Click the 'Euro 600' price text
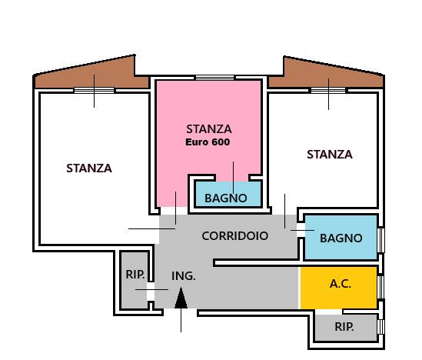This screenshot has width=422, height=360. (x=208, y=142)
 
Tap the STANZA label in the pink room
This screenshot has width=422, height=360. (x=209, y=129)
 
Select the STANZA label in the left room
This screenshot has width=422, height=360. (x=89, y=168)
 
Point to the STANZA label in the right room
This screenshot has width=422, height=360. (x=330, y=155)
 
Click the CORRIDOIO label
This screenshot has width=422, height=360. (x=235, y=236)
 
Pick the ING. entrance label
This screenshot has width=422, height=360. (x=184, y=276)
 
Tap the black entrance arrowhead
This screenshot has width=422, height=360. (x=181, y=298)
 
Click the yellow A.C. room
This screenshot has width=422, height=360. (x=338, y=288)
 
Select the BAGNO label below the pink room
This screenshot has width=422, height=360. (x=226, y=198)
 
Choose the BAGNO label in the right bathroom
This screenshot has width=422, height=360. (x=341, y=238)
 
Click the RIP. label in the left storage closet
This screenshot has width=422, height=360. (x=135, y=275)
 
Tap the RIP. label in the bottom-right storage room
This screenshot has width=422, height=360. (x=344, y=327)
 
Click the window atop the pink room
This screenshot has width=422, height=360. (x=214, y=78)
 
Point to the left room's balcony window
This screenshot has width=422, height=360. (x=94, y=90)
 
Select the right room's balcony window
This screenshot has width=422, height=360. (x=328, y=90)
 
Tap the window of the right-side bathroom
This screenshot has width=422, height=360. (x=381, y=240)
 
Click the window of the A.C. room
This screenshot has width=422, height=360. (x=381, y=287)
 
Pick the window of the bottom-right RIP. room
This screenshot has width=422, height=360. (x=381, y=327)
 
